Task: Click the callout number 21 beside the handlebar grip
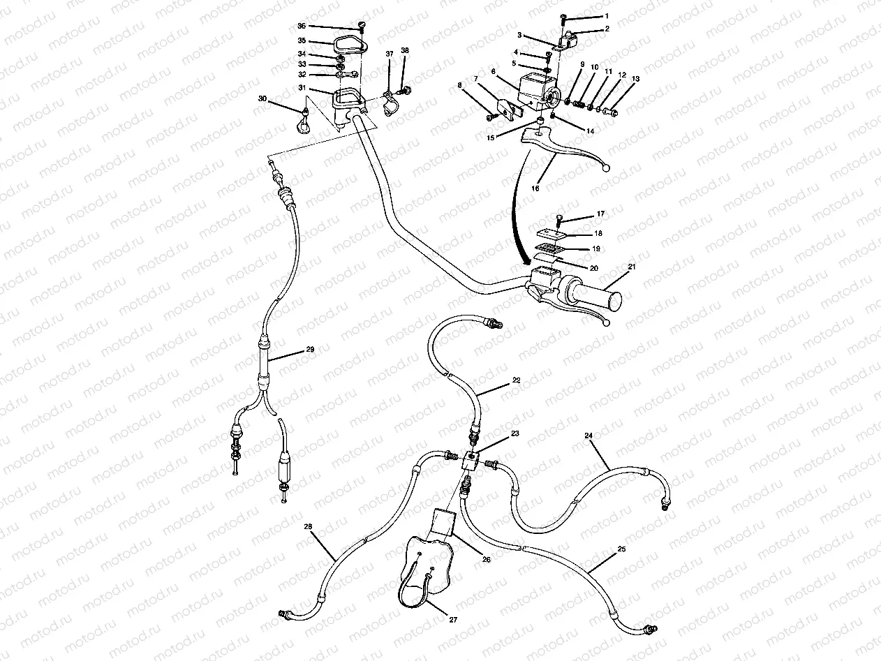coord(632,268)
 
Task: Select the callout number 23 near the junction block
coord(515,434)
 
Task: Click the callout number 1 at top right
coord(606,16)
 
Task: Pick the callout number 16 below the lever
coord(536,188)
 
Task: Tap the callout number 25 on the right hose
coord(621,551)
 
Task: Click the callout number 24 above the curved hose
coord(589,436)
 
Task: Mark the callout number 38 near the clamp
coord(405,52)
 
